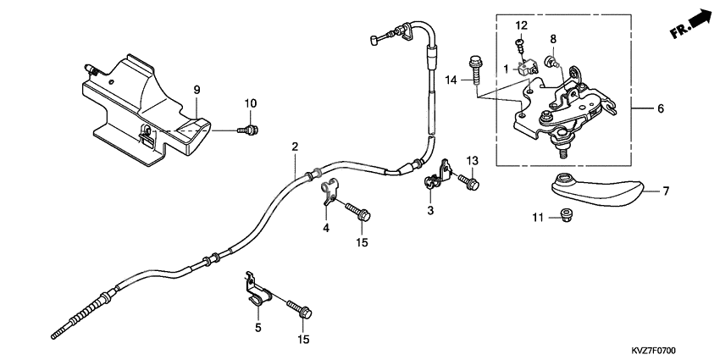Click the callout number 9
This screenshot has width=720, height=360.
click(x=196, y=90)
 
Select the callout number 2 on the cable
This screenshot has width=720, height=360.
click(x=295, y=147)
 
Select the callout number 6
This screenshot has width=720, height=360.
click(x=660, y=108)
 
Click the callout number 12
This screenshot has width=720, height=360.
click(x=522, y=25)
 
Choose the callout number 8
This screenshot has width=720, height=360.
click(x=552, y=39)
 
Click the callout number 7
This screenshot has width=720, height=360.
click(x=666, y=191)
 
